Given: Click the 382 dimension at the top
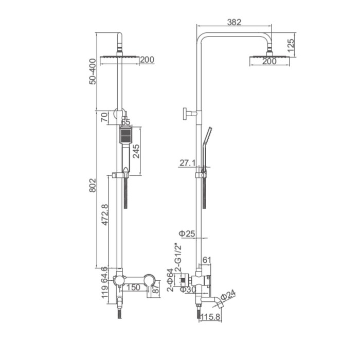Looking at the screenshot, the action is [234, 22].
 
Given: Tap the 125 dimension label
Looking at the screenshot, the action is [291, 46].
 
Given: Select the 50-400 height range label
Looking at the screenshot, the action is [93, 71].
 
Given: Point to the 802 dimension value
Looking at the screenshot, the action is [92, 185].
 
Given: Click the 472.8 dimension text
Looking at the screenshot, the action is [105, 215].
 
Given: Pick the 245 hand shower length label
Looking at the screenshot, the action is [136, 151].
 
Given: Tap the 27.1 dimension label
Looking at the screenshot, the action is [188, 163].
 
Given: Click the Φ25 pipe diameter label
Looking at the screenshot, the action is [187, 233].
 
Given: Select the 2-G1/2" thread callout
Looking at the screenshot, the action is [178, 257].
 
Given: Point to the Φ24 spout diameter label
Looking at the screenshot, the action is [228, 295].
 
